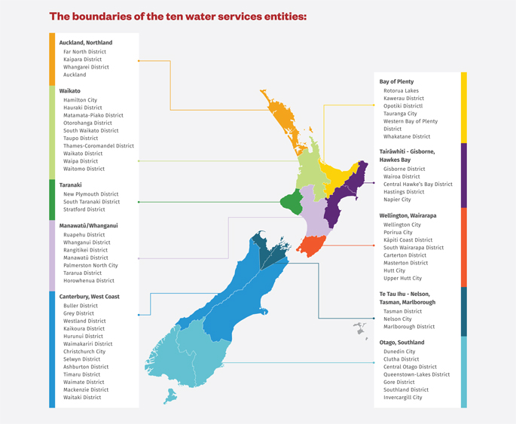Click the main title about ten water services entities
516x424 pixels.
(178, 16)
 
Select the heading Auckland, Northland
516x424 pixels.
(85, 43)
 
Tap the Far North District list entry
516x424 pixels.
(84, 52)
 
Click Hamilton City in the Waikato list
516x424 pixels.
(80, 100)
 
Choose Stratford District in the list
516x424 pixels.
(84, 209)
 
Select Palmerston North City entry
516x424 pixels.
(90, 265)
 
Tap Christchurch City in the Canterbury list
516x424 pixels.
(84, 352)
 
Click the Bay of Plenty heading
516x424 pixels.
(396, 81)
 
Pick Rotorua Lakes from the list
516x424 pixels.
(401, 91)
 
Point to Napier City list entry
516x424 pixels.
(397, 200)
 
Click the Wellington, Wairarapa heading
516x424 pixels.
(408, 215)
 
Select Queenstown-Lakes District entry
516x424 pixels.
(417, 374)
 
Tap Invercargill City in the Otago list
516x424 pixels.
(403, 398)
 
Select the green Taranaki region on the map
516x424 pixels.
(291, 202)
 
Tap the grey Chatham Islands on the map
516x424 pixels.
(360, 328)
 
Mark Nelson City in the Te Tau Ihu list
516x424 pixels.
(397, 319)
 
